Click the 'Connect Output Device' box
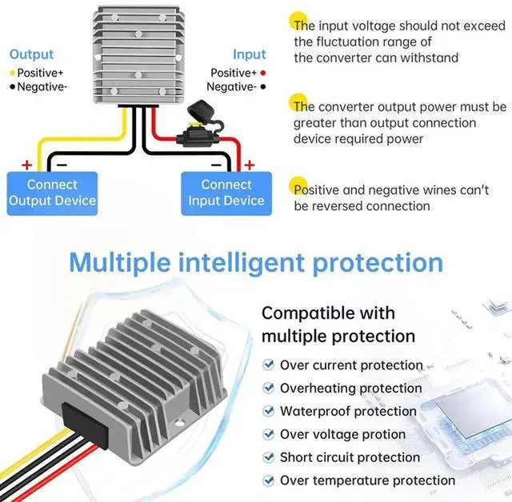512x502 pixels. coord(52,193)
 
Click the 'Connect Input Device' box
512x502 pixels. coord(226,193)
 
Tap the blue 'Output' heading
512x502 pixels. coord(31,54)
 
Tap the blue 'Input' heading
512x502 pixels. coord(249,54)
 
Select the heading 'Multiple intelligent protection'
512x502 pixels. coord(256,262)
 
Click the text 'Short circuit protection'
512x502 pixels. coord(350,457)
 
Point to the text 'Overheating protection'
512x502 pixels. coord(350,388)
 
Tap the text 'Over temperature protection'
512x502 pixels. coord(367,480)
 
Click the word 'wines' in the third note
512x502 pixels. coord(443,190)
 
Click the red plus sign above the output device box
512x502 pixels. coord(26,165)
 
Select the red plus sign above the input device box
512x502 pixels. coord(249,165)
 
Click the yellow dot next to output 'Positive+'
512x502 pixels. coord(12,72)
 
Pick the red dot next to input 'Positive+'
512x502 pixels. coord(263,73)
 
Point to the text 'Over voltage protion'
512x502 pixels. coord(342,435)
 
